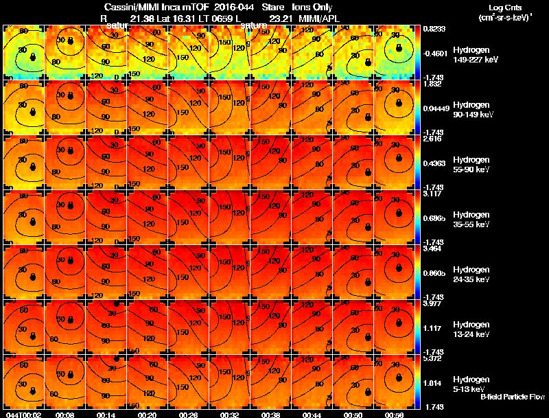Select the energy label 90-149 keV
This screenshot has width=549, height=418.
pyautogui.click(x=475, y=115)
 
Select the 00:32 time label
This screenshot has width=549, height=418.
pyautogui.click(x=230, y=415)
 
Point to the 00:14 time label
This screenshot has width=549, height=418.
pyautogui.click(x=106, y=415)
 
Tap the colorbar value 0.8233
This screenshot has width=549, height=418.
pyautogui.click(x=435, y=28)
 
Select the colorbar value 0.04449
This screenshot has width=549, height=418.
pyautogui.click(x=437, y=108)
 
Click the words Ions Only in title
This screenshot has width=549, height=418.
pyautogui.click(x=315, y=7)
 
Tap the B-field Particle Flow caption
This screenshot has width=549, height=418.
pyautogui.click(x=512, y=397)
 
